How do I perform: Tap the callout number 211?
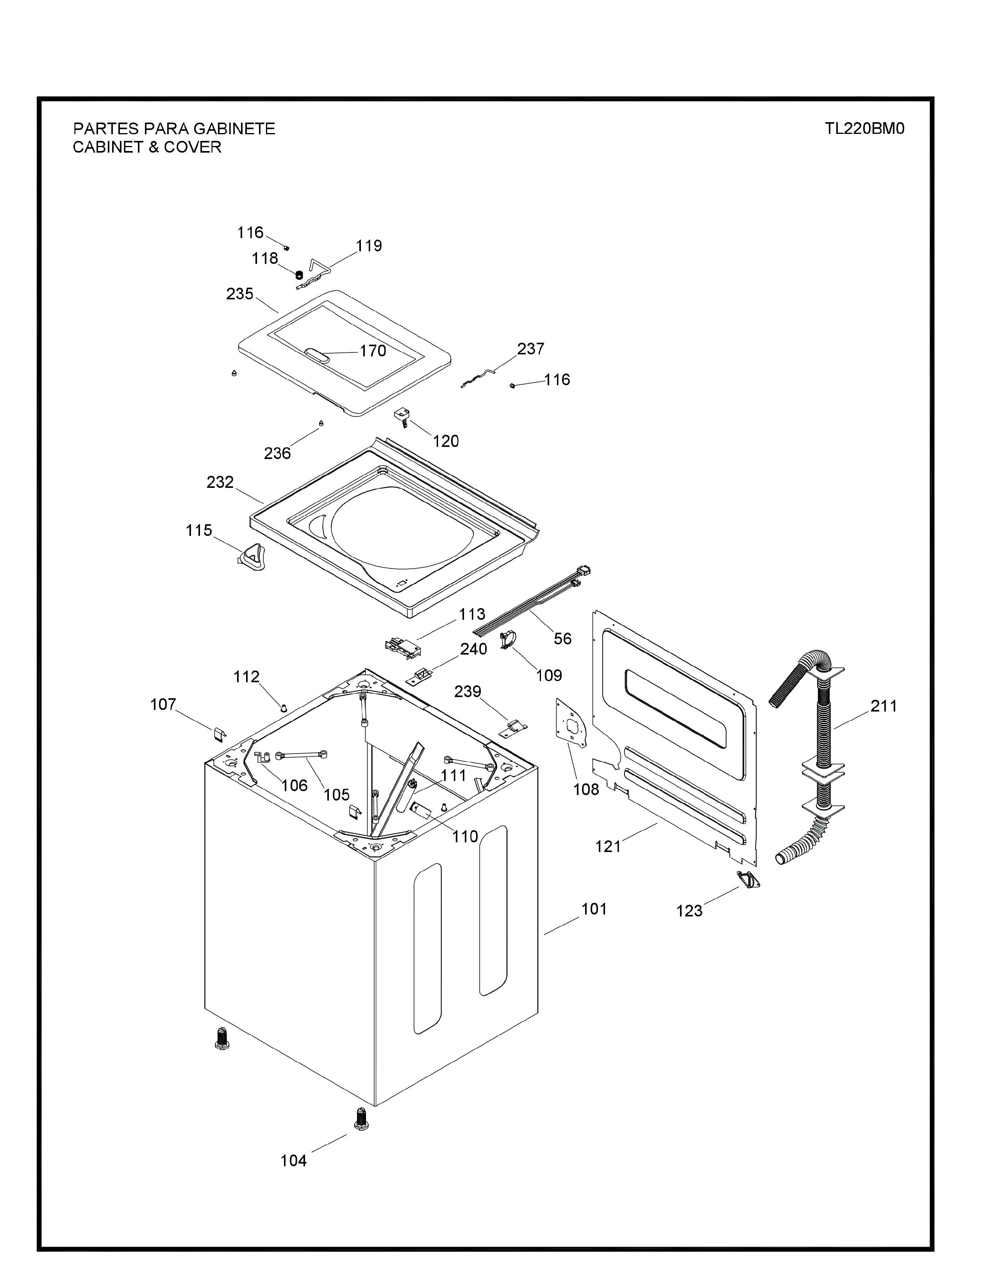[884, 706]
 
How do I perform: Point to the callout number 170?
[373, 351]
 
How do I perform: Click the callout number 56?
[562, 638]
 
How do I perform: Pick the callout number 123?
[689, 911]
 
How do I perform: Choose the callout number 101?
[594, 909]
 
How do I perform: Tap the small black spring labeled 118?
[299, 274]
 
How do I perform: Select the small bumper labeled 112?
[284, 708]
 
